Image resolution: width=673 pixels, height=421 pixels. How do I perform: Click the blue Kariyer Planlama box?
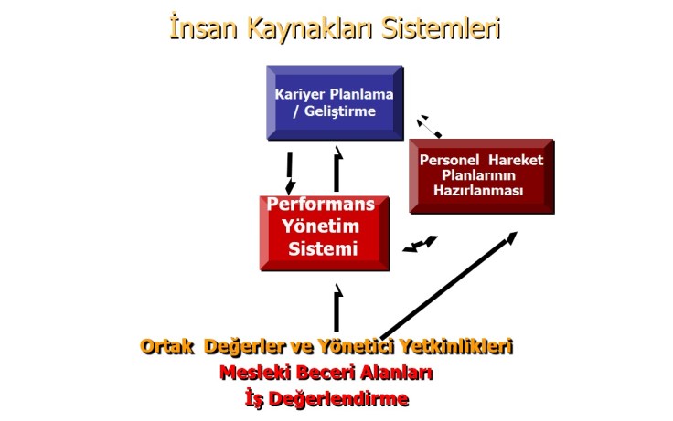(334, 102)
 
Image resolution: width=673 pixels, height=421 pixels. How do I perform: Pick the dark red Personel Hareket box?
(481, 175)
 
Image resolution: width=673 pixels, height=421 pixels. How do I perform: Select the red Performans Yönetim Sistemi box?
(325, 232)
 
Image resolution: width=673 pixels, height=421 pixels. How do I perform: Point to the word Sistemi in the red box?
(323, 249)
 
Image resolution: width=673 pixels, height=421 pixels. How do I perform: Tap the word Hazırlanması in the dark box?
(481, 191)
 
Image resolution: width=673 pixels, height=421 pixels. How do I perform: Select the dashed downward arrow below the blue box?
(291, 172)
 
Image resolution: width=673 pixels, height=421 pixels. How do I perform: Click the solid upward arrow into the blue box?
(337, 169)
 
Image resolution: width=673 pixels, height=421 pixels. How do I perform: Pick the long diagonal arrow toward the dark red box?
(448, 285)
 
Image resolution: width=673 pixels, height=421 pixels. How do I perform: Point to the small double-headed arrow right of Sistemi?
(421, 244)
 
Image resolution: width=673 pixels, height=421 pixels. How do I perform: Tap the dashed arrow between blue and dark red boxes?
(429, 126)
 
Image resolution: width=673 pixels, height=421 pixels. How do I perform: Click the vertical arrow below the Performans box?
(337, 308)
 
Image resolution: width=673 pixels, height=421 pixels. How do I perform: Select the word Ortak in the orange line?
(167, 347)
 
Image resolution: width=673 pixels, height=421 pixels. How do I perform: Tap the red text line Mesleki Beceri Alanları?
(326, 373)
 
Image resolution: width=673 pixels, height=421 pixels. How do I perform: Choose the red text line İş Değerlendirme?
(326, 398)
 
